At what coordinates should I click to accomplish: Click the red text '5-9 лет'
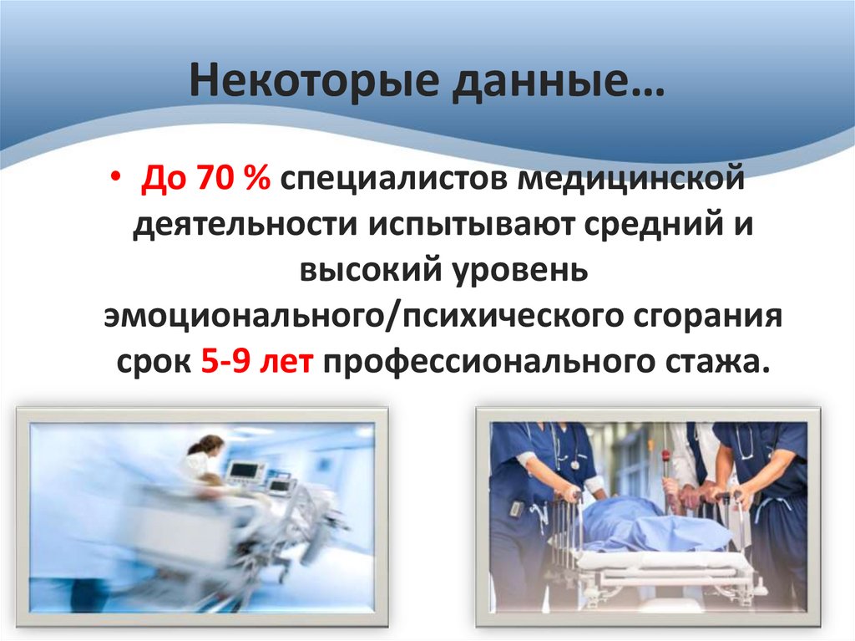click(256, 364)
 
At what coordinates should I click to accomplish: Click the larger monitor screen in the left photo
click(245, 473)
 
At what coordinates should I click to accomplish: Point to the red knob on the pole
click(665, 456)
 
